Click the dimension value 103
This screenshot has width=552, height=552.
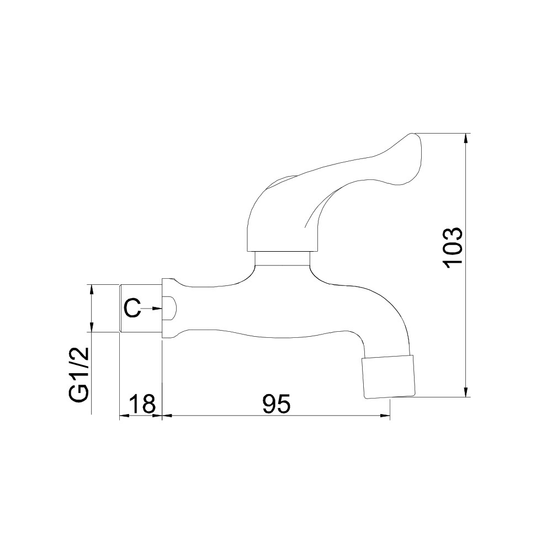pos(453,248)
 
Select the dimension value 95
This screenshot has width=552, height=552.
pos(277,404)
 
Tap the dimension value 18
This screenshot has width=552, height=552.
pos(141,404)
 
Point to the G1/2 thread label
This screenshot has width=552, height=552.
pos(78,375)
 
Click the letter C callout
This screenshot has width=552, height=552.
pos(132,308)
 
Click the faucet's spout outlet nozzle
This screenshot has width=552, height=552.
pos(388,377)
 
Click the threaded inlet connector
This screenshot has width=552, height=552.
pos(141,308)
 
